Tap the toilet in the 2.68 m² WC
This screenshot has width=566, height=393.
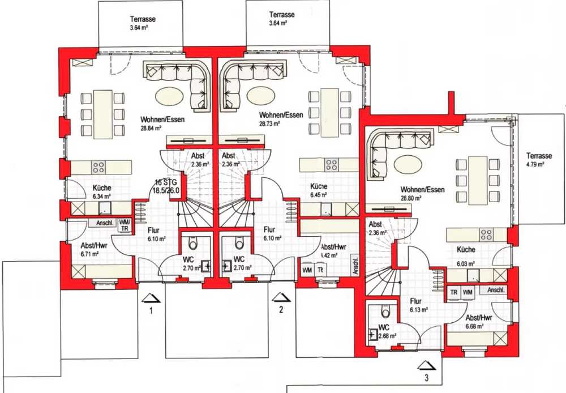386,312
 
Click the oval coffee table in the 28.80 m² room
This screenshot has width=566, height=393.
408,165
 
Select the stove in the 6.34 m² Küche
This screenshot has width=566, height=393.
98,167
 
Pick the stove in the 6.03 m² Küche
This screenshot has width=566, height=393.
486,234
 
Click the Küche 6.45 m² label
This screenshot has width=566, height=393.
319,190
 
